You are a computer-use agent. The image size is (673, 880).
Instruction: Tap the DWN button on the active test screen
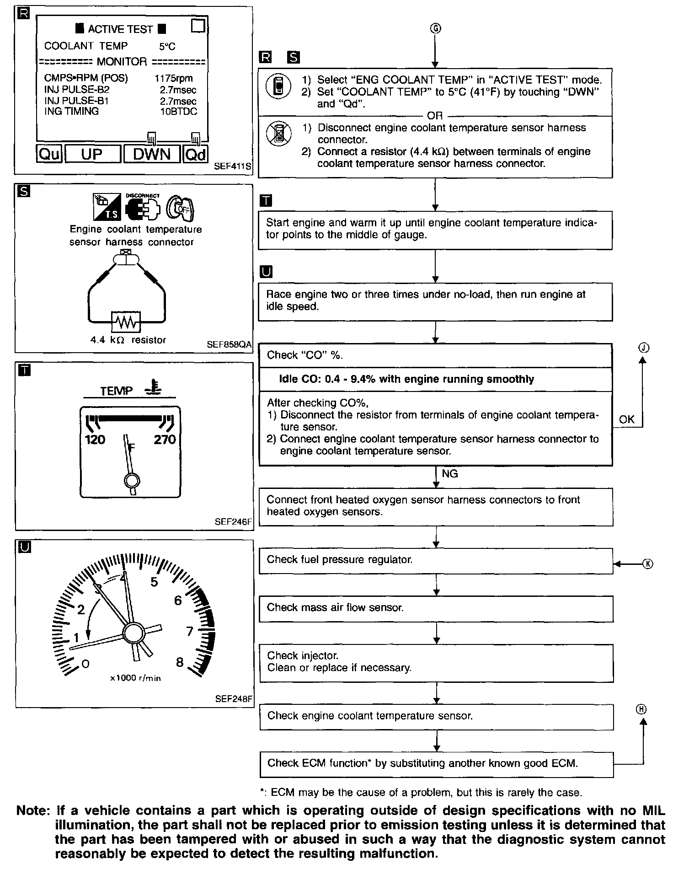151,154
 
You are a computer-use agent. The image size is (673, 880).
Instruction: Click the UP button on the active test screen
92,154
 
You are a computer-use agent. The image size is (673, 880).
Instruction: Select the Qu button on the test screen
49,154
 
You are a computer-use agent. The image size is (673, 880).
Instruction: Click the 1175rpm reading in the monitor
174,79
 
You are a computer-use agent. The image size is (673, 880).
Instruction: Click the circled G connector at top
435,28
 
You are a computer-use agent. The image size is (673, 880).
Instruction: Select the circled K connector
648,563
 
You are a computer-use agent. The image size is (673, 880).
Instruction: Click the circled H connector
642,709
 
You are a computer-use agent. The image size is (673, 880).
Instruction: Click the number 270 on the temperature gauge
165,440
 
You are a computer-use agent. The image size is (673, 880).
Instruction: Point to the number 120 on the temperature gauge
95,440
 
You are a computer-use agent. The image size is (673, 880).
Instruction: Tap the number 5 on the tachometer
154,582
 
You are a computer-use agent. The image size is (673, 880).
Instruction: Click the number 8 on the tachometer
180,662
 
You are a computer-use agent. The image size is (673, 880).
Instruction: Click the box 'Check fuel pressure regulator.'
435,560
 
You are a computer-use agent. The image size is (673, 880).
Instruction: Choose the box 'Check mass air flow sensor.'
435,608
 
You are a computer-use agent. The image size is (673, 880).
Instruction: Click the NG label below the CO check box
450,474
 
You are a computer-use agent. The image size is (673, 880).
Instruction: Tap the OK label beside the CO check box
626,419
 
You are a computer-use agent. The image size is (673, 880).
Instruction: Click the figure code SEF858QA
229,345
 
